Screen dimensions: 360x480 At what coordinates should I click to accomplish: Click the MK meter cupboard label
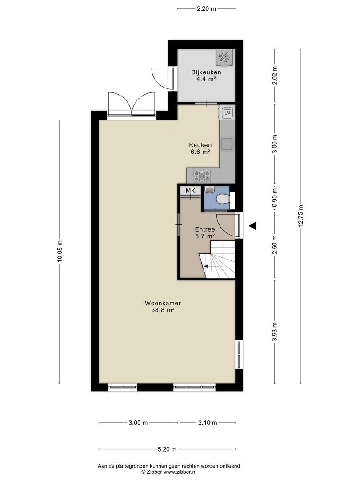[x=190, y=191]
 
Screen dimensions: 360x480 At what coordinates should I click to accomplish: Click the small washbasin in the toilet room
[x=209, y=190]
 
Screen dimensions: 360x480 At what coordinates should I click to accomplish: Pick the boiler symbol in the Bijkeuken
[x=225, y=57]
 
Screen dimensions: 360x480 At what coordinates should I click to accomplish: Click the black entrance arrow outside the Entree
[x=252, y=226]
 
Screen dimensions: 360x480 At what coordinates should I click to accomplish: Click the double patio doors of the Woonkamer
[x=132, y=104]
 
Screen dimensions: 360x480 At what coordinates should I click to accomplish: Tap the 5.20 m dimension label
[x=167, y=449]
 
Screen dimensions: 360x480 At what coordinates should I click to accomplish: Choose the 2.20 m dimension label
[x=206, y=8]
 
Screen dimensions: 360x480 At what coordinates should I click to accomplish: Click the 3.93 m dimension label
[x=275, y=332]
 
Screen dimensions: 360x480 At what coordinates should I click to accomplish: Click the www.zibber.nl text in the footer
[x=182, y=472]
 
